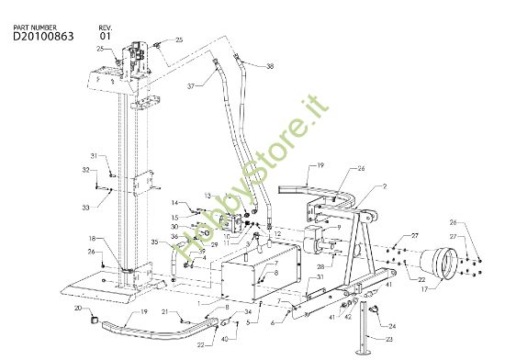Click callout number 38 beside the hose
(x=270, y=67)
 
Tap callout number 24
(x=391, y=326)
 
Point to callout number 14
(x=174, y=202)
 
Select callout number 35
(x=155, y=242)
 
